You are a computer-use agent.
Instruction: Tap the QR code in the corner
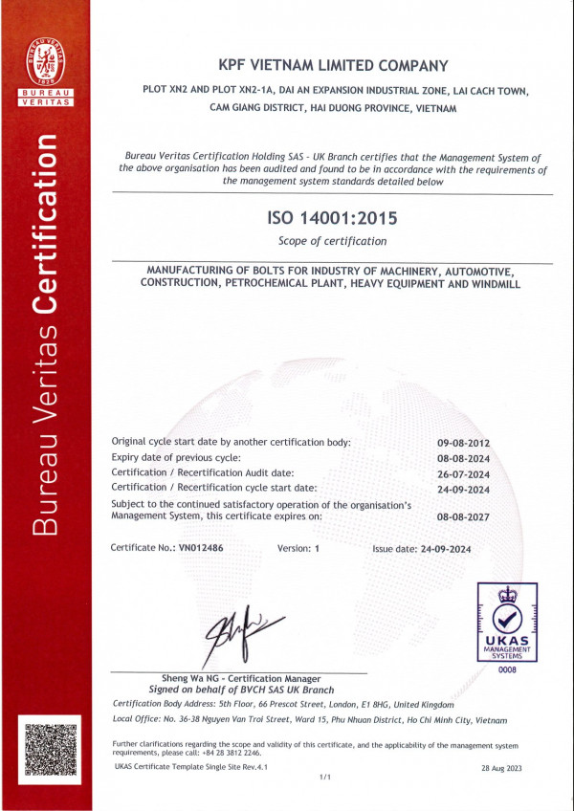[48, 751]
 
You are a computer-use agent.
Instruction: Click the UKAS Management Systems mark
[506, 623]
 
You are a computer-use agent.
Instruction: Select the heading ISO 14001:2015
[332, 219]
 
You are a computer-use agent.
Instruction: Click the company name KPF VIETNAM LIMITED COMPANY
[332, 66]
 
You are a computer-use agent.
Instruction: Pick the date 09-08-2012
[463, 443]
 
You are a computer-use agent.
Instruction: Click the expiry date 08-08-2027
[463, 516]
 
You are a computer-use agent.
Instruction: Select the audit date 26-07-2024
[463, 473]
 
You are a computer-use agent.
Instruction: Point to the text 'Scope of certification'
[332, 241]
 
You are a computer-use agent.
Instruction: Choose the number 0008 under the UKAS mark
[506, 671]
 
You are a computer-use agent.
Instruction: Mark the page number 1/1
[324, 778]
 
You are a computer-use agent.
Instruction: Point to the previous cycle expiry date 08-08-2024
[463, 458]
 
